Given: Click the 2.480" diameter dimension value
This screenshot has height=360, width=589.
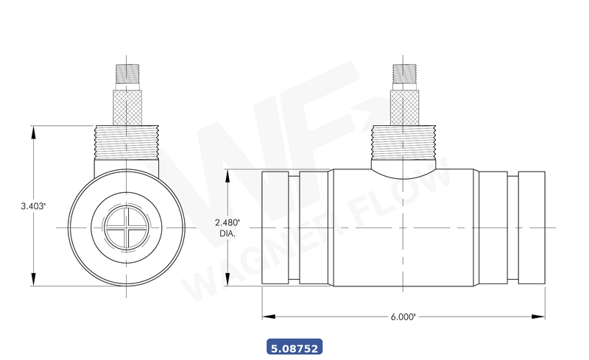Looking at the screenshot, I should pyautogui.click(x=227, y=222).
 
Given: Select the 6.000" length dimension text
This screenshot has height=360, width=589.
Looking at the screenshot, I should pyautogui.click(x=403, y=317).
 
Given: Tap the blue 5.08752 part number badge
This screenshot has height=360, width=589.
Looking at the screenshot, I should pyautogui.click(x=294, y=346).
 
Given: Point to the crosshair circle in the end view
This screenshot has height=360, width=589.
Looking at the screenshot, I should pyautogui.click(x=127, y=227).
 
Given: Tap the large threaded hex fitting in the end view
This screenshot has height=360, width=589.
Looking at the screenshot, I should pyautogui.click(x=127, y=141).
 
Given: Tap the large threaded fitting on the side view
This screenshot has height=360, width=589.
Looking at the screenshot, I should pyautogui.click(x=403, y=141).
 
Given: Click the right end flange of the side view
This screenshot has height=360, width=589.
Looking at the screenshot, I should pyautogui.click(x=531, y=228).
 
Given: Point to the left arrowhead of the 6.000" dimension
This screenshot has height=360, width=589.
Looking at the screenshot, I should pyautogui.click(x=267, y=317).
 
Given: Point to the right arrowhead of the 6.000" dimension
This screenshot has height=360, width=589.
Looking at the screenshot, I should pyautogui.click(x=542, y=317).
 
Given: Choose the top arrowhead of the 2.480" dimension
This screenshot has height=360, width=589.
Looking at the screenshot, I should pyautogui.click(x=227, y=175).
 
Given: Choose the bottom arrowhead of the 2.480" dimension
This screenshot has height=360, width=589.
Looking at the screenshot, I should pyautogui.click(x=227, y=281).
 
